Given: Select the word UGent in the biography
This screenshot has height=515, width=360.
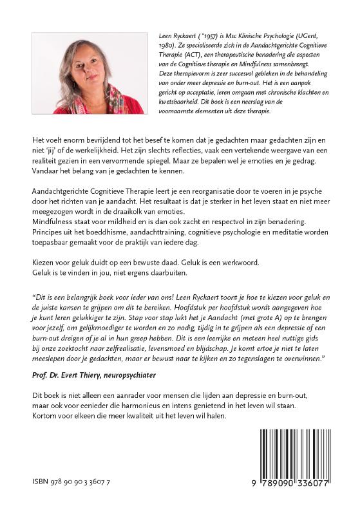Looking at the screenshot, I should (314, 39).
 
